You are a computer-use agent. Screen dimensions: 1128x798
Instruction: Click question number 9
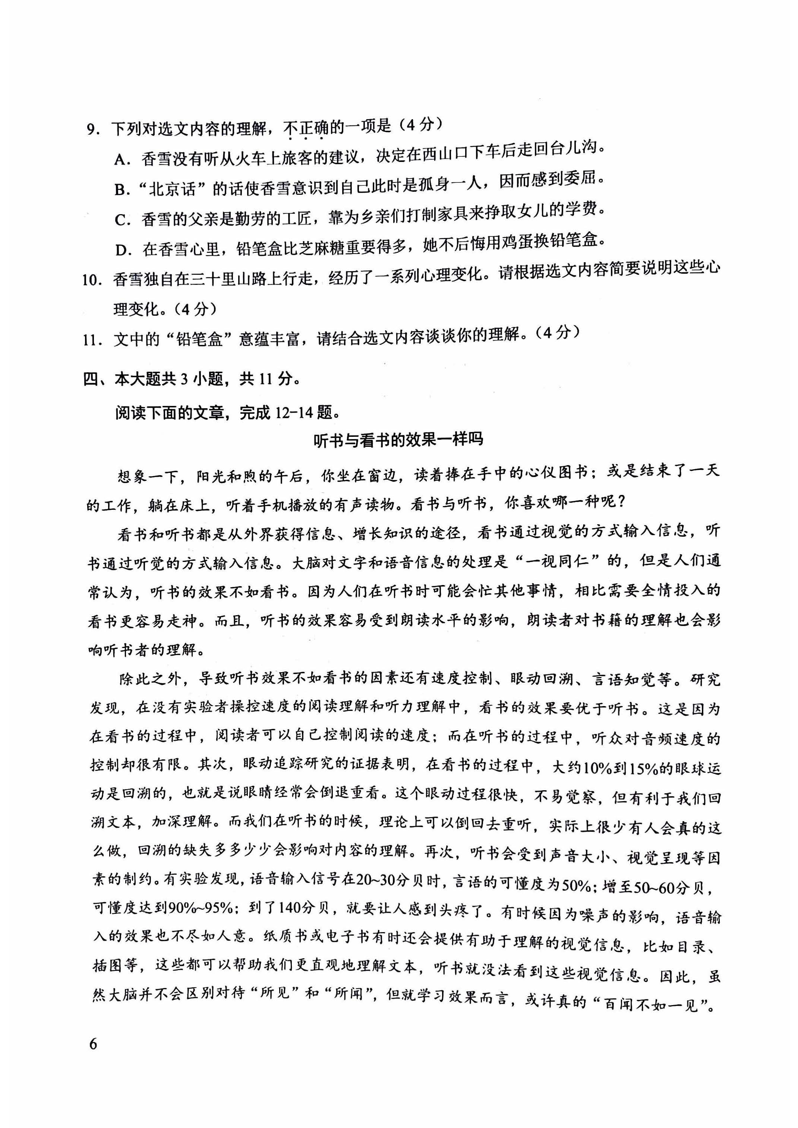pos(92,131)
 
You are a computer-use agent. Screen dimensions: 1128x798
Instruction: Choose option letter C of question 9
pos(122,220)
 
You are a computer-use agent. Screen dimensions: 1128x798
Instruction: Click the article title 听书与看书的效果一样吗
pos(398,440)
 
